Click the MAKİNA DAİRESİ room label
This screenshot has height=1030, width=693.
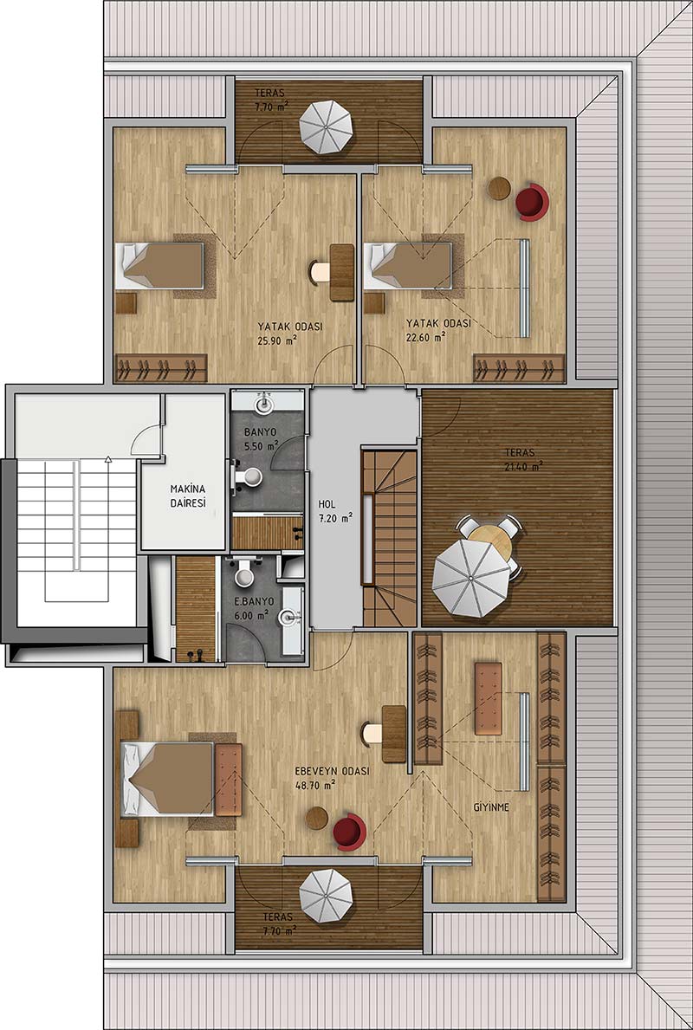tap(189, 496)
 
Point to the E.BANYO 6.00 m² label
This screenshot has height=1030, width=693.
tap(253, 609)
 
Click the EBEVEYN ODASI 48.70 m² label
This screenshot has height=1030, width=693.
tap(330, 777)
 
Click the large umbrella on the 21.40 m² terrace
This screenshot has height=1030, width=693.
tap(471, 578)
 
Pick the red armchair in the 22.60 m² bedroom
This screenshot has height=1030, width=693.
tap(532, 202)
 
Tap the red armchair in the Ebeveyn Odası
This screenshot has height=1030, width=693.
tap(349, 832)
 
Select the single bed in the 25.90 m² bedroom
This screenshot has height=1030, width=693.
tap(159, 265)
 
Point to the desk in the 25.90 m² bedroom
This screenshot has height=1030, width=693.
tap(341, 272)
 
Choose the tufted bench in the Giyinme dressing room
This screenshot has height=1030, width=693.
tap(488, 698)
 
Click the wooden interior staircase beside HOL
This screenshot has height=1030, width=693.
tap(390, 537)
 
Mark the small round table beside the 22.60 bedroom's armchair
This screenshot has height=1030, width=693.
tap(499, 189)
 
